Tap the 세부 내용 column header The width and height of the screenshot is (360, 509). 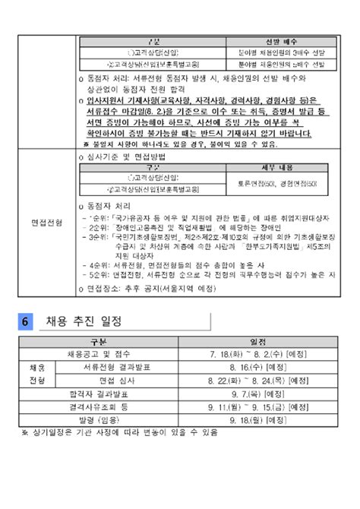(x=273, y=167)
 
